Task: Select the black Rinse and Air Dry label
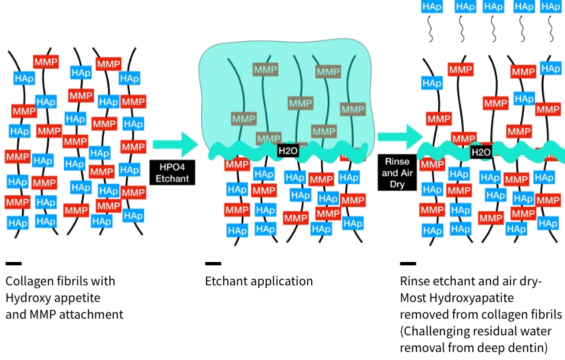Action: click(397, 173)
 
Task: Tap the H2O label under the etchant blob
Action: click(288, 151)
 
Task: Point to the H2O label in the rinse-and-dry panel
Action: click(480, 153)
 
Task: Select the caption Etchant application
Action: click(259, 281)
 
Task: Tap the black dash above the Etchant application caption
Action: click(213, 264)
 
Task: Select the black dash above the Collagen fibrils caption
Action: click(13, 264)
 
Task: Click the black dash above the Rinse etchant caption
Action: click(408, 264)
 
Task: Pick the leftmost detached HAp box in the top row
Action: click(431, 6)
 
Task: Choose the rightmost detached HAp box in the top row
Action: click(550, 6)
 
